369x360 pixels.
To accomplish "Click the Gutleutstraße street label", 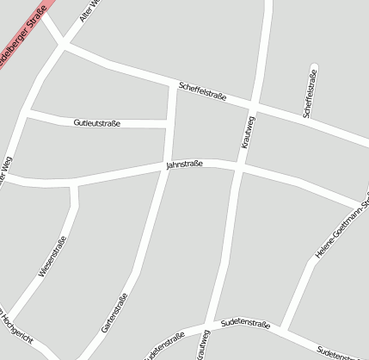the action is coord(97,123).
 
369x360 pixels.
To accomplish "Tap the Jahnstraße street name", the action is coord(184,164).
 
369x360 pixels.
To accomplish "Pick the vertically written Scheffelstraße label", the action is coord(310,93).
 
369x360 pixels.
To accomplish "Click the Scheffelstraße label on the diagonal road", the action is coord(202,91).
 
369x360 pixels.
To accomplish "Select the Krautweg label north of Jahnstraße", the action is coord(248,131).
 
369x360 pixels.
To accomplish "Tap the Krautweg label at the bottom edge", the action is coord(204,344).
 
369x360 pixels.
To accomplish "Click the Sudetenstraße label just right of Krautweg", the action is coord(245,324).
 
